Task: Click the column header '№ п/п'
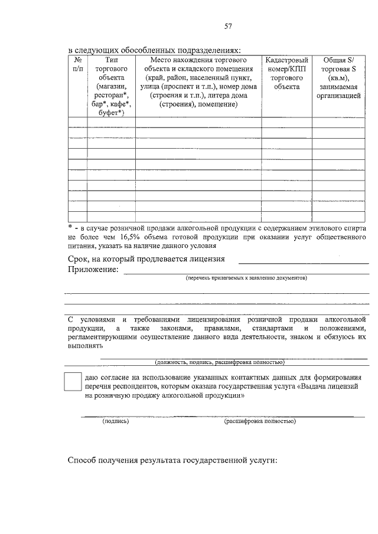click(x=77, y=65)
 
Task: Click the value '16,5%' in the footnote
click(x=134, y=237)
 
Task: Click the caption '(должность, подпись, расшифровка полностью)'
click(x=219, y=362)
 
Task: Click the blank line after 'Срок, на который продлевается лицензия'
click(x=303, y=261)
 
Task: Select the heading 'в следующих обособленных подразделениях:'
click(x=155, y=51)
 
